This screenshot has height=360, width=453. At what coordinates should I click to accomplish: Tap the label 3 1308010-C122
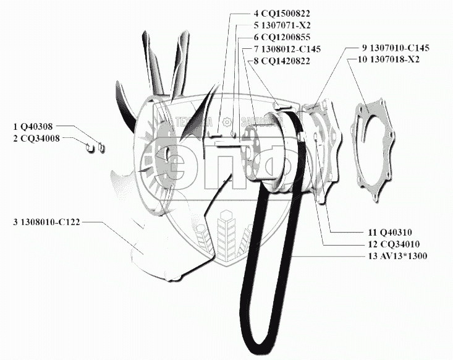(46, 221)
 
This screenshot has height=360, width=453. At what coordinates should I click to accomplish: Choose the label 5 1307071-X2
(281, 25)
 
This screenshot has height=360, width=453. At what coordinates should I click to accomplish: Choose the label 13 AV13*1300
(397, 256)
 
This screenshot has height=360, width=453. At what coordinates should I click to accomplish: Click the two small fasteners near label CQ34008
(95, 147)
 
